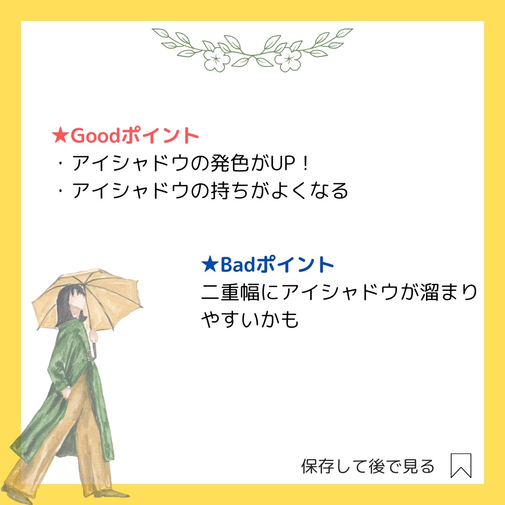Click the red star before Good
coord(60,136)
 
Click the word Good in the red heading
coord(95,136)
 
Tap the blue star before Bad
coord(209,264)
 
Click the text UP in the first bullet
coord(282,163)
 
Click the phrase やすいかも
coord(250,319)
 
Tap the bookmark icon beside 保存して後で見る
coord(461,466)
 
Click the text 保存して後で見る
coord(368,466)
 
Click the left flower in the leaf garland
coord(216,59)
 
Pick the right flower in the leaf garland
coord(288,59)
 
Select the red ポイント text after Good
coord(160,136)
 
